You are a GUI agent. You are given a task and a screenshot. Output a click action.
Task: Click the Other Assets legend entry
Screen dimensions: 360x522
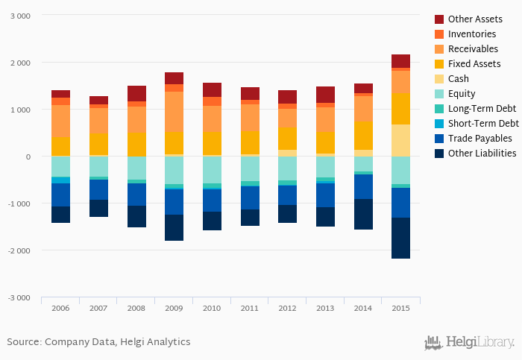click(x=474, y=19)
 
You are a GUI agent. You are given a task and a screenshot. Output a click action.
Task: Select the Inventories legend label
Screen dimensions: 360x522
click(x=472, y=34)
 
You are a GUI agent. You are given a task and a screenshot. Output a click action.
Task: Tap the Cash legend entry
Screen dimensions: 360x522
click(x=458, y=78)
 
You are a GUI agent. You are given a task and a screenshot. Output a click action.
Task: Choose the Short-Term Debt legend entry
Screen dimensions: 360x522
click(x=483, y=123)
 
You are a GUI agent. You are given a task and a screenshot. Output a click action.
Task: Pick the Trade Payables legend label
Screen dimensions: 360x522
click(x=479, y=138)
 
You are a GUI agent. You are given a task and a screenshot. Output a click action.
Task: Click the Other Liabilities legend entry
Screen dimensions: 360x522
click(x=482, y=153)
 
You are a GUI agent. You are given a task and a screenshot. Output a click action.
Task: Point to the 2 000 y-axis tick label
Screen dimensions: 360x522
click(x=19, y=63)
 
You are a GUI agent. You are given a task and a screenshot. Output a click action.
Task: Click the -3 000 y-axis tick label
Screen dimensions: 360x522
click(x=18, y=297)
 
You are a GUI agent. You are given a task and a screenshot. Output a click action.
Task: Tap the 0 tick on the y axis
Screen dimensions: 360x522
click(x=28, y=157)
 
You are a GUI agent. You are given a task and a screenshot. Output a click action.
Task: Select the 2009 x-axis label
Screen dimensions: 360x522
click(x=174, y=308)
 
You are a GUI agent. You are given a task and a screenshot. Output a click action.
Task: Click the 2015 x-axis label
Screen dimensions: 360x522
click(x=400, y=308)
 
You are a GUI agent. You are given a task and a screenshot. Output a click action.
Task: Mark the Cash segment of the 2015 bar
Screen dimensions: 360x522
click(x=400, y=140)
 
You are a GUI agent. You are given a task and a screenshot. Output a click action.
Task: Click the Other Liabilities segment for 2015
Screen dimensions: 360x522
click(x=400, y=238)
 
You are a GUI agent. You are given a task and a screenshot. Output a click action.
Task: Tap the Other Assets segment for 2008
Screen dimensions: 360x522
click(x=136, y=93)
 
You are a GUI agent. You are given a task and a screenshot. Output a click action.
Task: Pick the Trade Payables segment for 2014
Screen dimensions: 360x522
click(x=363, y=186)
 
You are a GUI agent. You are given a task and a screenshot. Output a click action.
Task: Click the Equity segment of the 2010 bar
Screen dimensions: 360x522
click(x=212, y=169)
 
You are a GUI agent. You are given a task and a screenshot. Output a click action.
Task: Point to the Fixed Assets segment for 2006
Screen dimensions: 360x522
click(x=61, y=146)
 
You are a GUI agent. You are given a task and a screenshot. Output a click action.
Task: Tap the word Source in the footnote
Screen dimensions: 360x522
click(x=23, y=341)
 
